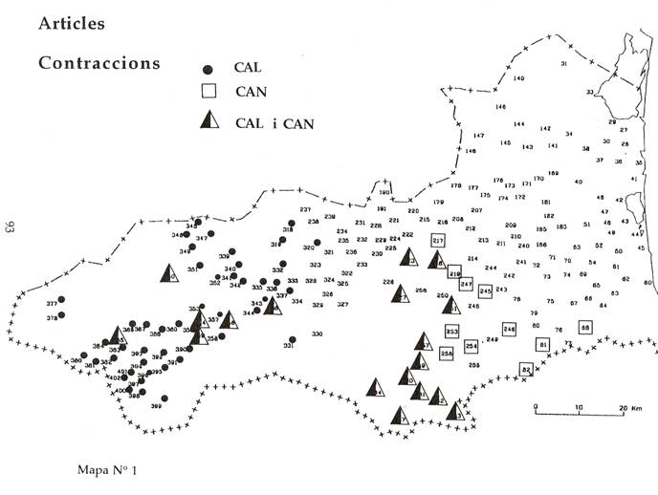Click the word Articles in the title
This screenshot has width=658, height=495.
(72, 23)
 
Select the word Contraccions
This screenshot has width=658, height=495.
(99, 63)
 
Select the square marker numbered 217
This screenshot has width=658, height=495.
(439, 240)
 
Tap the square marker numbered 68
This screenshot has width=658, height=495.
(585, 327)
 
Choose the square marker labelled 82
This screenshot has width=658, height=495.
(526, 369)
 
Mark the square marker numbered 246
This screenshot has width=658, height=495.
(509, 329)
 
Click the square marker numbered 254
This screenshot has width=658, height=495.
(471, 346)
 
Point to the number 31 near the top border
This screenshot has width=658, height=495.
(564, 64)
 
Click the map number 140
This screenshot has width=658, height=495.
(519, 77)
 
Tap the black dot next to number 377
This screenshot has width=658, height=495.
(61, 301)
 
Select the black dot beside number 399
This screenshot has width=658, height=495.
(164, 398)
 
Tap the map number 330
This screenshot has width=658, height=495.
(317, 334)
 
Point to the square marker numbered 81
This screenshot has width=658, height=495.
(542, 344)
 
